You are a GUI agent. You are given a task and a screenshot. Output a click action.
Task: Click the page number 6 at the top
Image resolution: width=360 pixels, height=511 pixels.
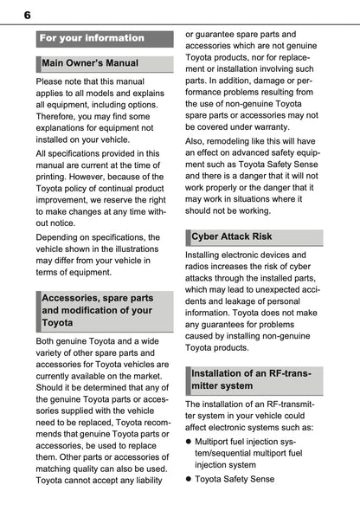click(27, 15)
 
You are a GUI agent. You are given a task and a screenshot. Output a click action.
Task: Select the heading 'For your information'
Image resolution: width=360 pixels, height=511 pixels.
click(92, 38)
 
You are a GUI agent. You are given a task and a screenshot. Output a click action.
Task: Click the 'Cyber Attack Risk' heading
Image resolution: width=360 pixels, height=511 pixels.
click(231, 236)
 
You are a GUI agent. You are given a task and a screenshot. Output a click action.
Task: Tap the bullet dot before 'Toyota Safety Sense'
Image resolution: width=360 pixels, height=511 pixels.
click(189, 478)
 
